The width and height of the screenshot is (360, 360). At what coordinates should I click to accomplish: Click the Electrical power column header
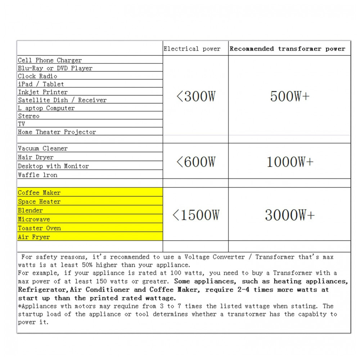pos(192,49)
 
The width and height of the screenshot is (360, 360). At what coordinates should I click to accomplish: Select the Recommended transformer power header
pos(287,49)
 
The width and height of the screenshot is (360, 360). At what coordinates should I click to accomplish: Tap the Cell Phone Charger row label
pos(50,60)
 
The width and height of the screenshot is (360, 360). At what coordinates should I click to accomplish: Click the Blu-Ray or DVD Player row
pos(55,68)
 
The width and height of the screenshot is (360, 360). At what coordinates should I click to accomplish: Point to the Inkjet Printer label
pos(43,92)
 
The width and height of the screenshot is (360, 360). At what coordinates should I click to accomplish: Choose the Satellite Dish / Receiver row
pos(62,100)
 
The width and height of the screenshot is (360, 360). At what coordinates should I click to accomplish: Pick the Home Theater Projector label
pos(57,132)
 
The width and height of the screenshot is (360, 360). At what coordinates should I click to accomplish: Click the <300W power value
pos(195,96)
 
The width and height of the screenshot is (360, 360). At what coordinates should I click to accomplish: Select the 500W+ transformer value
pos(289,96)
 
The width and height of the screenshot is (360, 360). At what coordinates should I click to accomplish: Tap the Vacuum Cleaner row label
pos(42,148)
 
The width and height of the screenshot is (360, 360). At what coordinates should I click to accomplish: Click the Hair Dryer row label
pos(36,157)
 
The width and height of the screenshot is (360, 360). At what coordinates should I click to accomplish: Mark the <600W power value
pos(195,162)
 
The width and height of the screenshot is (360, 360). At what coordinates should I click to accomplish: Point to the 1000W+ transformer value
pos(289,162)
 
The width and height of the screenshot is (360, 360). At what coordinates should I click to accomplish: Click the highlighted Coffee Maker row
pos(39,193)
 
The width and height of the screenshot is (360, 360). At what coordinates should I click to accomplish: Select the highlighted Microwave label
pos(34,219)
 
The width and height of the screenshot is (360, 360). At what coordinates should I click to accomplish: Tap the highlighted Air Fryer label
pos(34,237)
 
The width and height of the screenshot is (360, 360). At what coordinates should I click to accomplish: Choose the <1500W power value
pos(195,215)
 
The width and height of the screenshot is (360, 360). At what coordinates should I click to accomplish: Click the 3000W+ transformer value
pos(289,215)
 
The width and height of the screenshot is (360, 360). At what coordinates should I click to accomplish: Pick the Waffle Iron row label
pos(37,175)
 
